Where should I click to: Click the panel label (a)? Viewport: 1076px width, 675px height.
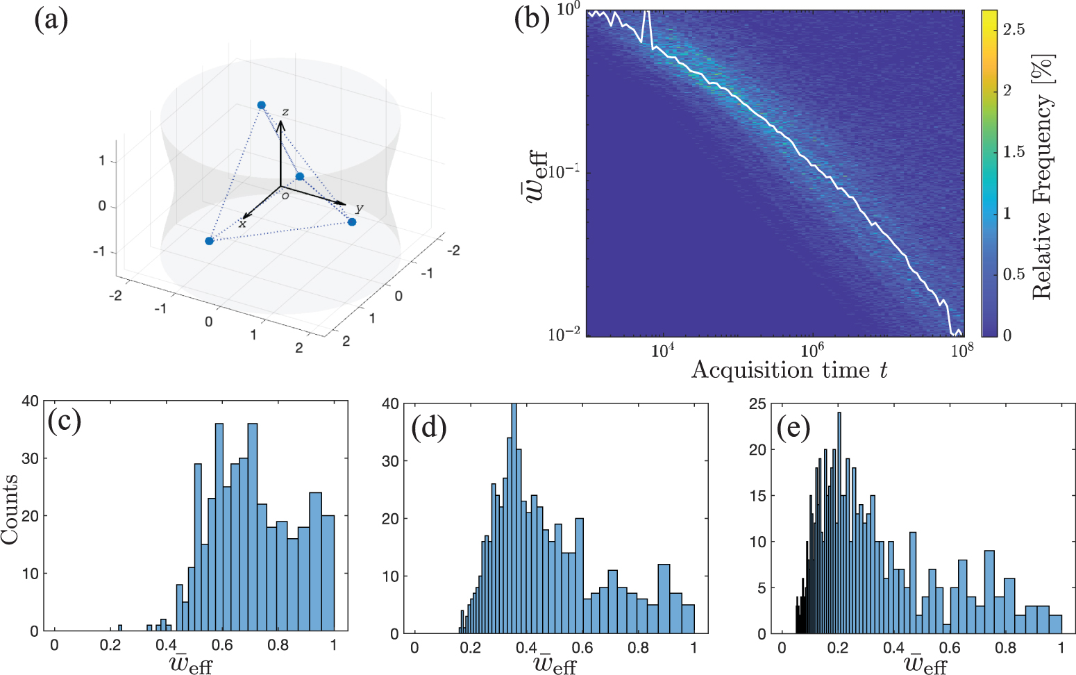51,20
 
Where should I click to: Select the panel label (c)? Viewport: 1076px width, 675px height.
64,420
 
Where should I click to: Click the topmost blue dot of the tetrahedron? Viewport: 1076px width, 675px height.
262,105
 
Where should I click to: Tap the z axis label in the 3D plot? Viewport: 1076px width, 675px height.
285,112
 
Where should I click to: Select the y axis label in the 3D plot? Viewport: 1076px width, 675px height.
359,208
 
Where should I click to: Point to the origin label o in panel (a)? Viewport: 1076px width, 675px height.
285,196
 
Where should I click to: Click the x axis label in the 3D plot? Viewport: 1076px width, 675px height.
242,224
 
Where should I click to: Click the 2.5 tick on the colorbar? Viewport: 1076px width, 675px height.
1014,29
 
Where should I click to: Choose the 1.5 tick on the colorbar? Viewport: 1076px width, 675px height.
1014,151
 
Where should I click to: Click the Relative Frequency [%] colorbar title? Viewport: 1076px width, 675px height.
1043,177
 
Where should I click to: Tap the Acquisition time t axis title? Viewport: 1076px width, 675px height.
789,369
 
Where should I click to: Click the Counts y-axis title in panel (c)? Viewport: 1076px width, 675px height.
10,509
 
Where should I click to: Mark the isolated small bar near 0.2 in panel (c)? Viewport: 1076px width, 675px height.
120,628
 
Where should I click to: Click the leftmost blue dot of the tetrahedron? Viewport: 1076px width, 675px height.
209,241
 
